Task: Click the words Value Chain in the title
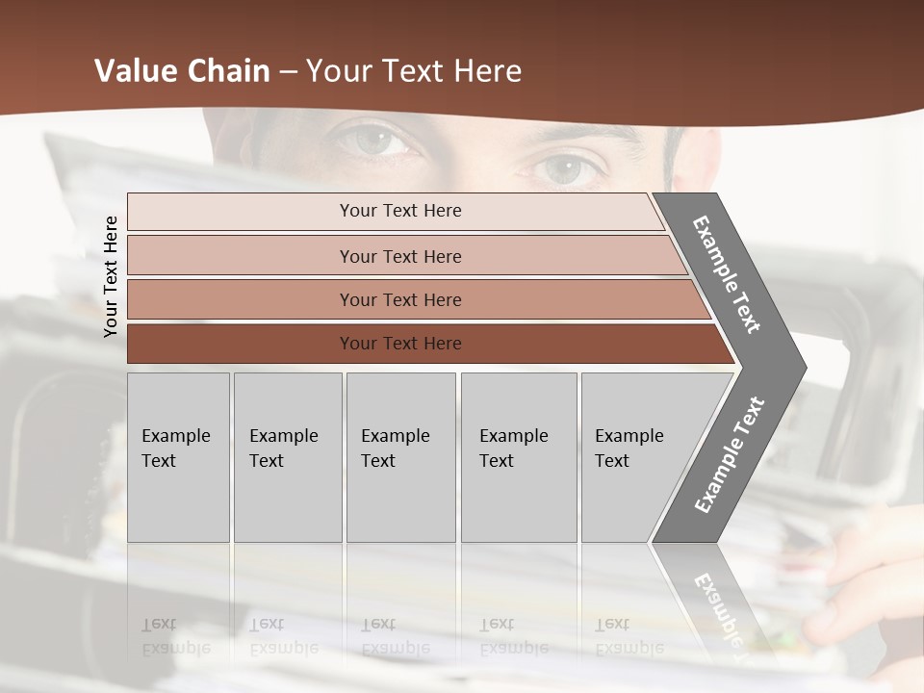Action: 182,71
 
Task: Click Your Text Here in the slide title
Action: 414,71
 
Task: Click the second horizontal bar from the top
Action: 400,256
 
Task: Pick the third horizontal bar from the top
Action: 400,299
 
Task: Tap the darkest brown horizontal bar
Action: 400,344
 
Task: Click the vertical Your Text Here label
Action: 111,276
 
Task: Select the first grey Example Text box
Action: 178,456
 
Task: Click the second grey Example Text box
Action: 287,456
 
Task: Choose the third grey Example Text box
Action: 400,456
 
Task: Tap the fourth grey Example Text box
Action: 518,456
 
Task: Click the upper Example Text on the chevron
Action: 727,274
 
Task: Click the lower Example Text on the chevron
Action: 730,455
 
